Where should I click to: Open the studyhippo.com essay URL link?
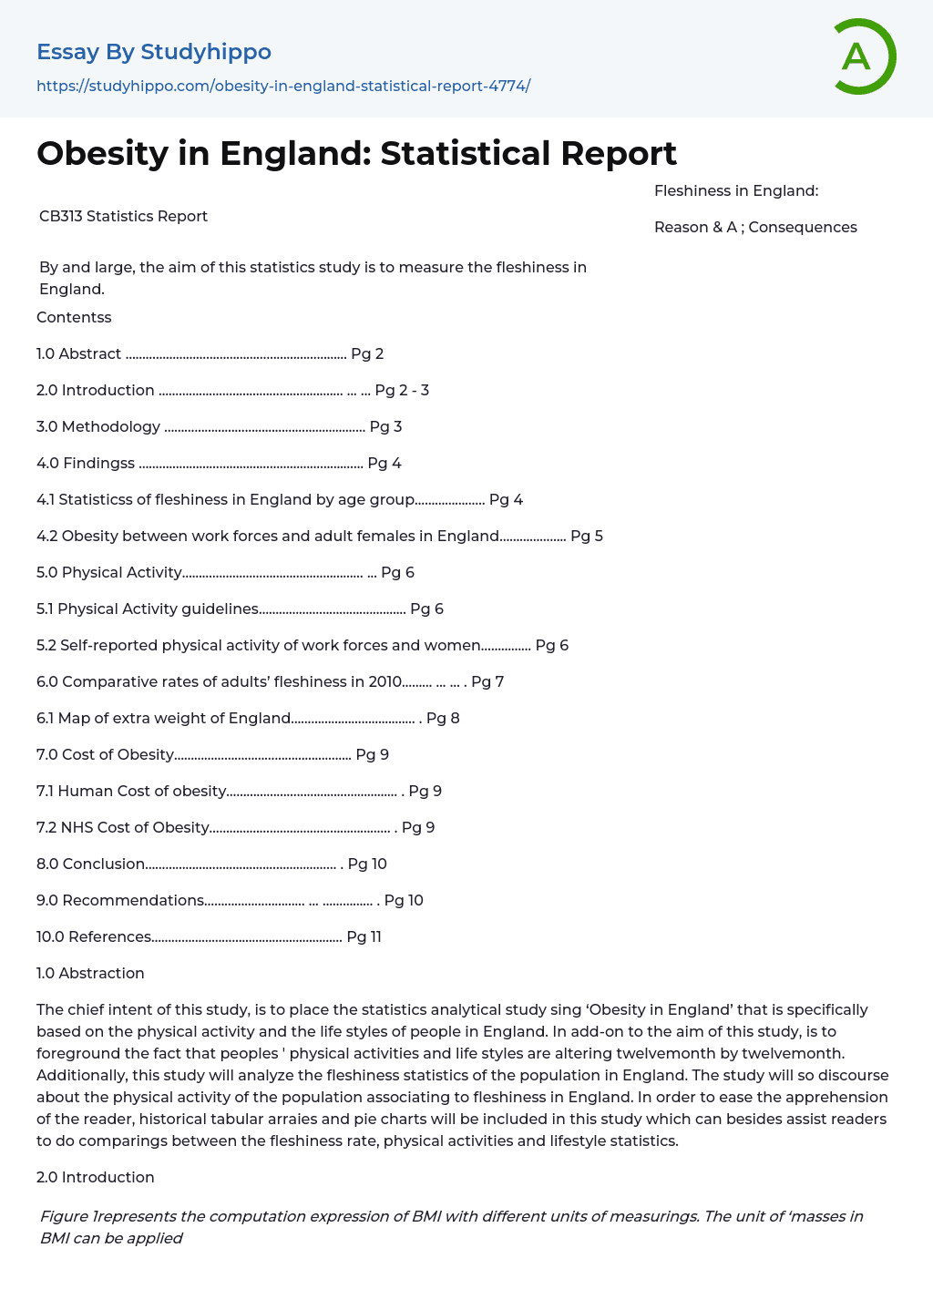tap(283, 86)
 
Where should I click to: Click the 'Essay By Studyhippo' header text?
tap(154, 52)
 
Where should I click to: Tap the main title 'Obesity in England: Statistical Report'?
tap(356, 153)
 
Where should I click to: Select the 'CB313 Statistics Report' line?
tap(123, 216)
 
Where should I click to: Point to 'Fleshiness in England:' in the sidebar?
tap(736, 190)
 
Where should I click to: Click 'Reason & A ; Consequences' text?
tap(755, 227)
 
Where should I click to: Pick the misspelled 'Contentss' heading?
tap(74, 317)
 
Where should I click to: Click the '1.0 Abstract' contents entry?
tap(79, 353)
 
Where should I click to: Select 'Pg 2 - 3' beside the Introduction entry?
tap(402, 390)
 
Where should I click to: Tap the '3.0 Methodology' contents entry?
tap(98, 426)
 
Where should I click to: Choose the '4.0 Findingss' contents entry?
tap(86, 463)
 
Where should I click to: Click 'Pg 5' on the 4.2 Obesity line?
tap(587, 536)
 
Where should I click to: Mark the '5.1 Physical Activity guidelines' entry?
tap(148, 609)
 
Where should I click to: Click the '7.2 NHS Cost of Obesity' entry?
tap(123, 827)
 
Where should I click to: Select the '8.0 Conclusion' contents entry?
tap(91, 864)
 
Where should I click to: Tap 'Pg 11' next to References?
tap(364, 936)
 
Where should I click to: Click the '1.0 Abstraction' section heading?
tap(90, 973)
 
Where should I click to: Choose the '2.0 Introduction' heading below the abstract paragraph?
tap(96, 1177)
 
